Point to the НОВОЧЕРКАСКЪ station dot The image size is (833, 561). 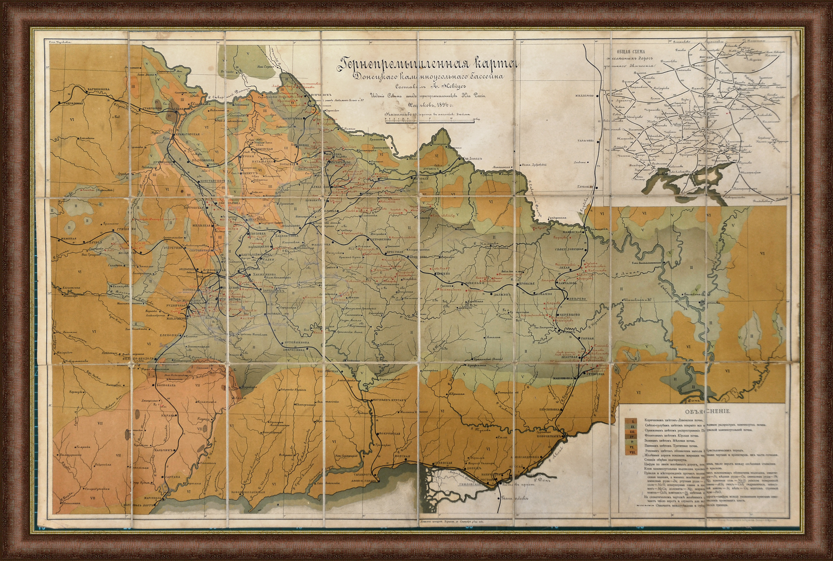coord(562,436)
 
